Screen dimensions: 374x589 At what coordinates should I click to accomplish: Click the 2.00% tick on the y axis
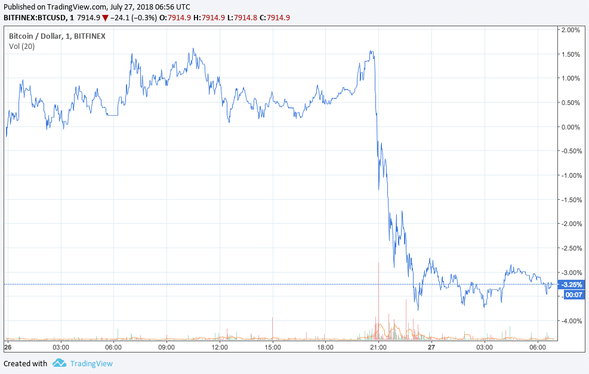click(572, 30)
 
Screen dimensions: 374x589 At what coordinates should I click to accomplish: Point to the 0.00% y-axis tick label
click(572, 127)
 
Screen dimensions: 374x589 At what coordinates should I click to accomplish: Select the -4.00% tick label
click(571, 321)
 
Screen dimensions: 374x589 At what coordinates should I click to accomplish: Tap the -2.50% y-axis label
click(571, 248)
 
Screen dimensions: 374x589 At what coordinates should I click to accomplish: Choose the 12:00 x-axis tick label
click(220, 347)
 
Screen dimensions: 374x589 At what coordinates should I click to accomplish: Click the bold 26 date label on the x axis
click(8, 347)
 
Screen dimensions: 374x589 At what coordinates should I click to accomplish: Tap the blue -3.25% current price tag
click(571, 285)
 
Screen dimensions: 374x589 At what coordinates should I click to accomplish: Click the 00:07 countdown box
click(573, 295)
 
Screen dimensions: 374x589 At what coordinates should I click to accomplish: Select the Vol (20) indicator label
click(21, 47)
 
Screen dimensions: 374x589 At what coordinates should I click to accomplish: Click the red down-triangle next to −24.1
click(106, 17)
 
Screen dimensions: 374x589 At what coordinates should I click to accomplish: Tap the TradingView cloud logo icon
click(59, 363)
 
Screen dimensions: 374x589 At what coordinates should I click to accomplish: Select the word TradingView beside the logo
click(91, 363)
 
